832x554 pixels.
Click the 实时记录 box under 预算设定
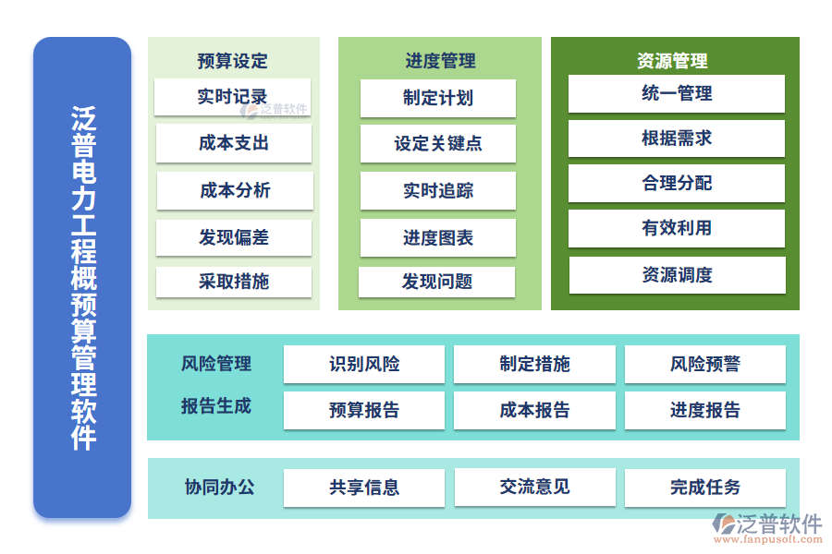click(x=232, y=97)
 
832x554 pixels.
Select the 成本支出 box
click(x=234, y=143)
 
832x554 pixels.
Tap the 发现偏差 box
click(x=234, y=237)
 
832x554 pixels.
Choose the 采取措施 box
click(x=234, y=282)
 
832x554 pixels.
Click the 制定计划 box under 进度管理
click(x=438, y=98)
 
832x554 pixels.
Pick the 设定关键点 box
click(x=438, y=144)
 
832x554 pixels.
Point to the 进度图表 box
click(x=438, y=238)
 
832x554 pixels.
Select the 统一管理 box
click(x=677, y=94)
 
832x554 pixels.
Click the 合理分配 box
click(x=677, y=184)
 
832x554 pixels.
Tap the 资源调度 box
click(x=677, y=275)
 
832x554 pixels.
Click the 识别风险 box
click(x=364, y=364)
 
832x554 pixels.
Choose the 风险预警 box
click(x=705, y=364)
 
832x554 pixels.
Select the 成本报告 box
click(x=534, y=410)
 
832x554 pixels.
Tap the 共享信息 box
click(x=364, y=488)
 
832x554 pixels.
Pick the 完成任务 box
click(x=705, y=488)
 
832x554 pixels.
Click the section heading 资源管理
click(x=672, y=61)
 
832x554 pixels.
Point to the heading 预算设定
click(x=232, y=61)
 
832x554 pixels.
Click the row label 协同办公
click(x=220, y=488)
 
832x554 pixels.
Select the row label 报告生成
click(x=216, y=406)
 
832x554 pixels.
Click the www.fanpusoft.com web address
click(x=768, y=539)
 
